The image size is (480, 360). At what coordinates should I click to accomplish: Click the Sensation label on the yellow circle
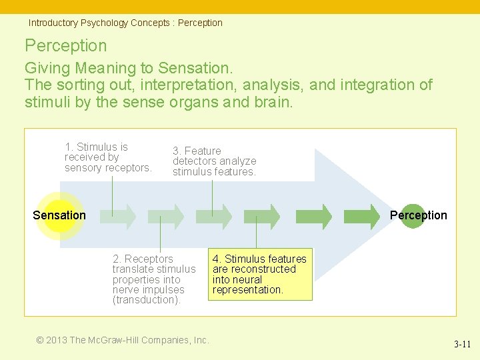click(x=59, y=215)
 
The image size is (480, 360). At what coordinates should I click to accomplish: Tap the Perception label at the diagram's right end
click(x=418, y=215)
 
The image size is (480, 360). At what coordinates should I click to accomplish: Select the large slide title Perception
click(x=65, y=45)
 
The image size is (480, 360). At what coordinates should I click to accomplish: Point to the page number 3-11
click(x=462, y=345)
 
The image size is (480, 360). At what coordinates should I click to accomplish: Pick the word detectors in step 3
click(x=194, y=161)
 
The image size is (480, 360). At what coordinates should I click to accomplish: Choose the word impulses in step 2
click(x=163, y=290)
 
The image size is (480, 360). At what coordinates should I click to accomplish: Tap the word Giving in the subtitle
click(x=48, y=68)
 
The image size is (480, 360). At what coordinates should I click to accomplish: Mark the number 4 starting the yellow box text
click(x=216, y=259)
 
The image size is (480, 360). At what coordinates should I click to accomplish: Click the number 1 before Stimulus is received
click(x=68, y=147)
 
